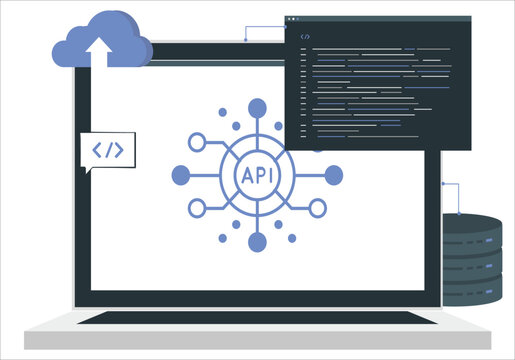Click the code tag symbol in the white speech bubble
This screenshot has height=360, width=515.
click(107, 150)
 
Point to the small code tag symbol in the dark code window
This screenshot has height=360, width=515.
click(306, 36)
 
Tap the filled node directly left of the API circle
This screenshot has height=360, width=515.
click(181, 175)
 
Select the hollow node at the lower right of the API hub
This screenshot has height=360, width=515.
click(318, 208)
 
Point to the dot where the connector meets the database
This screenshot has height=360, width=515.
click(459, 212)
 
